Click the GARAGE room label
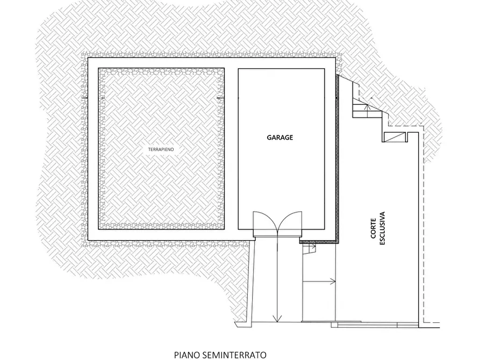click(280, 138)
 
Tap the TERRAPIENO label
click(161, 149)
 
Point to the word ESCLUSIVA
click(382, 228)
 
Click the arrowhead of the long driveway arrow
click(277, 319)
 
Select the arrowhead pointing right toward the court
click(333, 282)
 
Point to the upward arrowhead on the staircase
click(367, 106)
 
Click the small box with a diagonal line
click(395, 137)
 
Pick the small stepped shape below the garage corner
click(309, 249)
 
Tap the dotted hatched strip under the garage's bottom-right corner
click(319, 242)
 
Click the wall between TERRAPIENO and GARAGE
click(232, 149)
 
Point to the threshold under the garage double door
click(278, 234)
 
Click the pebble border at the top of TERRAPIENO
click(161, 71)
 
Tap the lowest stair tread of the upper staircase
click(367, 115)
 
